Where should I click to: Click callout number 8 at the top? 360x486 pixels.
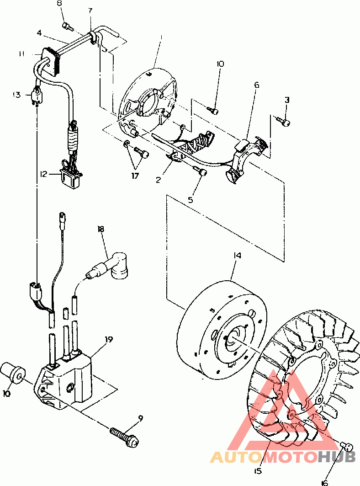point(60,4)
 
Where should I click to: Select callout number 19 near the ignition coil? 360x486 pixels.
point(109,339)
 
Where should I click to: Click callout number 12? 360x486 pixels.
point(43,174)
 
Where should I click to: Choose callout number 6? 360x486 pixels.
point(256,85)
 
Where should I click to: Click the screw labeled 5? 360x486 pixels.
point(201,172)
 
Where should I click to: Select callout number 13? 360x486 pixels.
point(17,95)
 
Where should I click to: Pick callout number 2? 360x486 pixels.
point(158,180)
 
